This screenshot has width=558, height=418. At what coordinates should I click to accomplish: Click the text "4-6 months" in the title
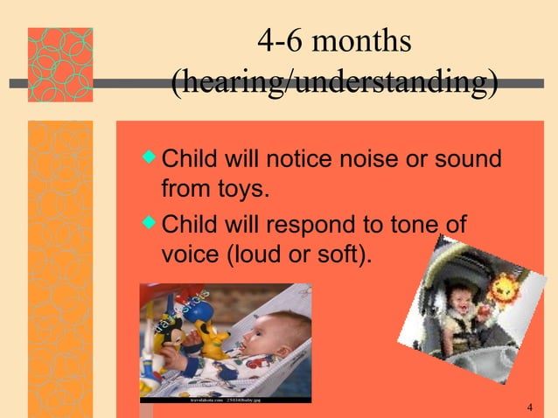(334, 41)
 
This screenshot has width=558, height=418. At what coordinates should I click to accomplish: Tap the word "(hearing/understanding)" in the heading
(334, 84)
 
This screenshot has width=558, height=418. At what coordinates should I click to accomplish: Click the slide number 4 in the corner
(531, 408)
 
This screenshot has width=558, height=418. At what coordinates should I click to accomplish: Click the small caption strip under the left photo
(225, 399)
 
